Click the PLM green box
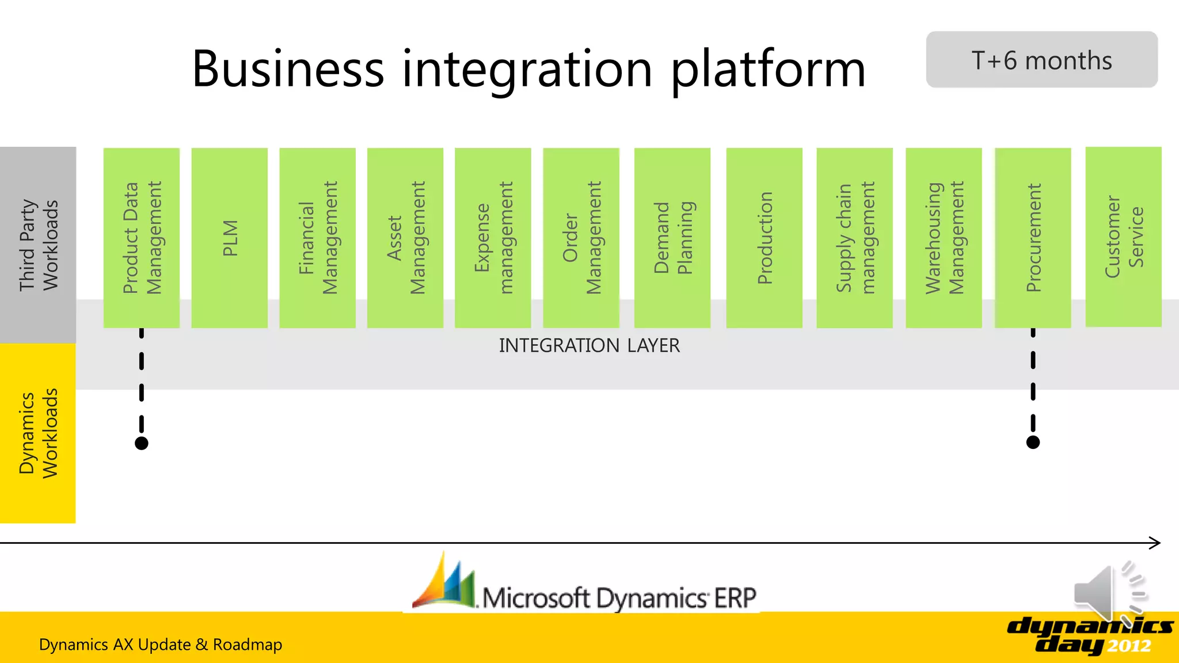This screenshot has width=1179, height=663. click(229, 238)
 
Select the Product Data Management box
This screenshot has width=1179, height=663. click(142, 238)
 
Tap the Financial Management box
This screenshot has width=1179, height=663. click(317, 238)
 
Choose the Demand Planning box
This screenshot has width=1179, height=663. click(672, 238)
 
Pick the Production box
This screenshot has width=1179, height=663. click(764, 238)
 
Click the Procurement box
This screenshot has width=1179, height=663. click(1033, 238)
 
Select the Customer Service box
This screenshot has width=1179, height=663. click(1123, 237)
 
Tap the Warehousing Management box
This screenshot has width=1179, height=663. click(944, 238)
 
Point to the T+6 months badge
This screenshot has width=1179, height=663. click(1041, 60)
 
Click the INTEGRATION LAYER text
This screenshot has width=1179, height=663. click(589, 345)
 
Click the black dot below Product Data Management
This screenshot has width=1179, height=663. click(142, 443)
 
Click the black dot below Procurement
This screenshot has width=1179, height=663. click(1033, 442)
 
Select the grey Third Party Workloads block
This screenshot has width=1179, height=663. click(38, 245)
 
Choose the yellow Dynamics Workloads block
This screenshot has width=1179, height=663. click(38, 433)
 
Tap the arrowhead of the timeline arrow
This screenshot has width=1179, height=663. click(1155, 543)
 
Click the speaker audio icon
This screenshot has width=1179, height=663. click(1108, 593)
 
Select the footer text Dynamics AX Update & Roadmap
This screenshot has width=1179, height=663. click(161, 645)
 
